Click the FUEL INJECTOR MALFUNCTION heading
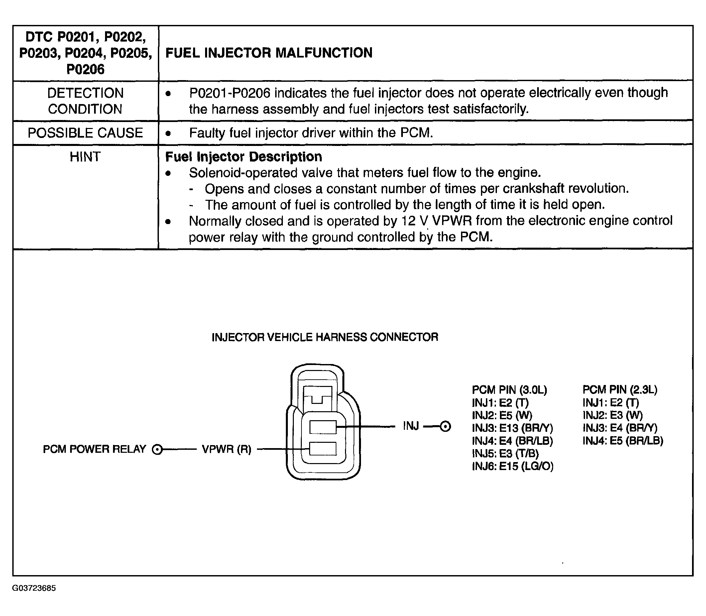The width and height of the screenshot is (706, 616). coord(269,53)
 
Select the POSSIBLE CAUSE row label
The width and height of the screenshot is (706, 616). coord(85,133)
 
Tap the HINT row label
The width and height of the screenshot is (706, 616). coord(85,157)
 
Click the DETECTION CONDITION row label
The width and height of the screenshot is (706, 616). coord(85,101)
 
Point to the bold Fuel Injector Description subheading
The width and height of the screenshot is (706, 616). coord(243,157)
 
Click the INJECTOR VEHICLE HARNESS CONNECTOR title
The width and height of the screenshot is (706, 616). coord(325,337)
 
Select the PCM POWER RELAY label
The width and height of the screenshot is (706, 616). coord(94,449)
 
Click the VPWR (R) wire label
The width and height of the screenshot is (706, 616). coord(226,449)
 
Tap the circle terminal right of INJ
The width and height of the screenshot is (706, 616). coord(445,427)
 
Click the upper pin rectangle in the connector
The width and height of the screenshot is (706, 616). coord(323,427)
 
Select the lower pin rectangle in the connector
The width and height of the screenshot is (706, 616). coord(323,448)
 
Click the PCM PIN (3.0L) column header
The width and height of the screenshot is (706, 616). coord(510,390)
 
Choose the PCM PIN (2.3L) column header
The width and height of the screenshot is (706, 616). coord(620,390)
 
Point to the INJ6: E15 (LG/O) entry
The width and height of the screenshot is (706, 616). coord(513,466)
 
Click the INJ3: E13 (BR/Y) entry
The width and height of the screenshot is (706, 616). coord(512,428)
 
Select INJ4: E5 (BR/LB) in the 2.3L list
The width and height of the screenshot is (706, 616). coord(623,441)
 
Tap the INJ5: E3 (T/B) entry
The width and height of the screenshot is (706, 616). coord(505,453)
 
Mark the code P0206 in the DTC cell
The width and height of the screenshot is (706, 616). coord(85,69)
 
